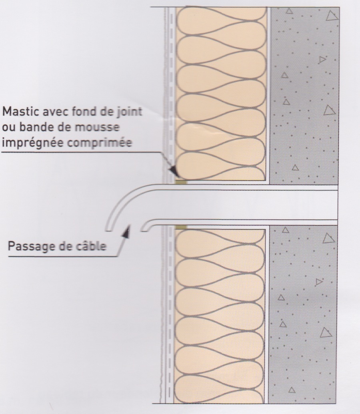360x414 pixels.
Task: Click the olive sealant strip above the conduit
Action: [x=181, y=182]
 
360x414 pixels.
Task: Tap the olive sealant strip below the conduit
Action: [x=181, y=227]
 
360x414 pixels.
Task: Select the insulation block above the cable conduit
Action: [x=221, y=94]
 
